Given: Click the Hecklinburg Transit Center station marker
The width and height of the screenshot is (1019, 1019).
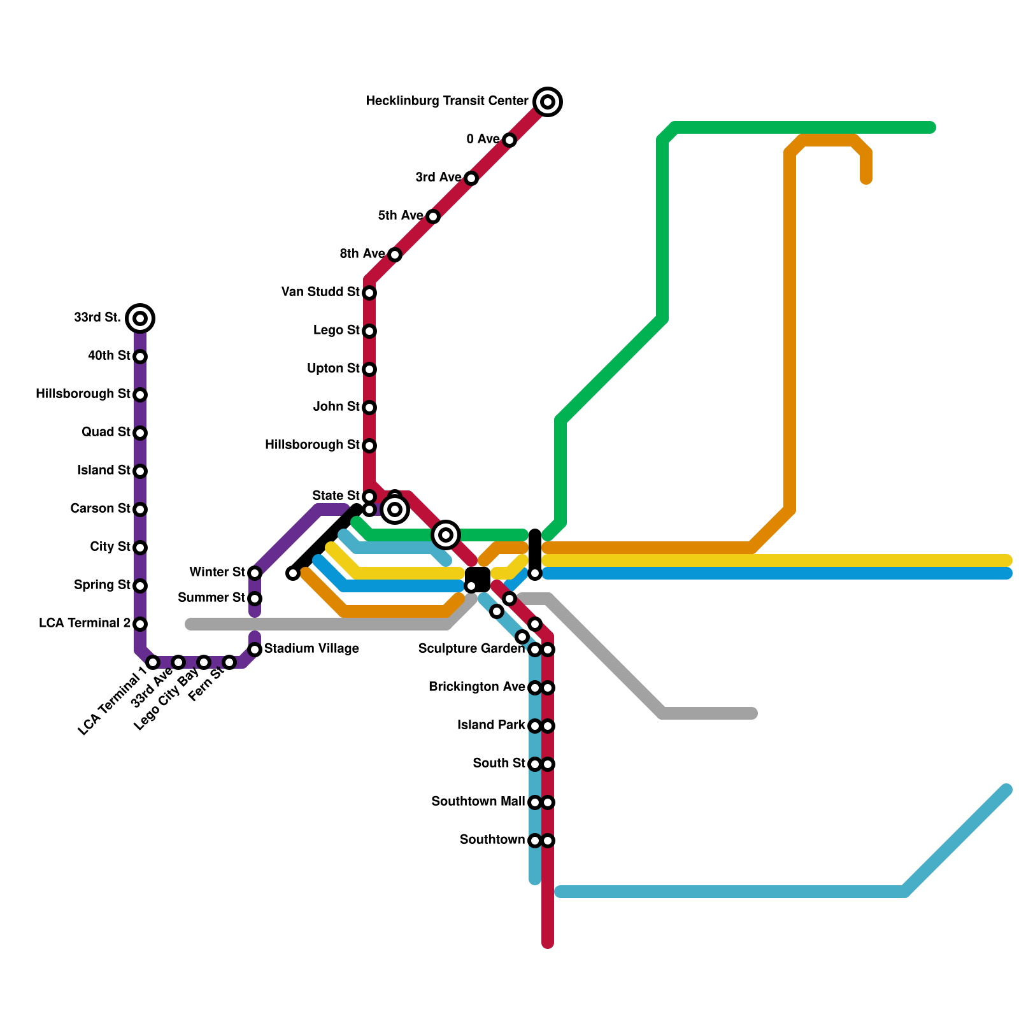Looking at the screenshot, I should [548, 102].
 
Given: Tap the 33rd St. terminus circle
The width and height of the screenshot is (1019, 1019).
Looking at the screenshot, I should [140, 318].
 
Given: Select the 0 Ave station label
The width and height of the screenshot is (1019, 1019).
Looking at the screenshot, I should [483, 139].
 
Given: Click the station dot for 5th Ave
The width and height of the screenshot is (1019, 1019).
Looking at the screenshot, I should [433, 217].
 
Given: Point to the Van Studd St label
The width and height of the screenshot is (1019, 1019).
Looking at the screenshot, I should [320, 292].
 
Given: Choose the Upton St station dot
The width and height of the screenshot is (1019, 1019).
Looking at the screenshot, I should [369, 369].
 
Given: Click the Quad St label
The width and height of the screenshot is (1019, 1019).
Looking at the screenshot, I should [106, 432].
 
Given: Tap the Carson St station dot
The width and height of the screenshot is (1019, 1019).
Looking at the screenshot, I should [140, 509].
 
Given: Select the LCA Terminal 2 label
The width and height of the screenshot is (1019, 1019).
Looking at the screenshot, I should [85, 623].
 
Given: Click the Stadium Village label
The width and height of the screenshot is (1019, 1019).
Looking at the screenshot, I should [311, 648].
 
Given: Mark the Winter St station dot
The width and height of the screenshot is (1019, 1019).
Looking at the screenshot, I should [255, 573].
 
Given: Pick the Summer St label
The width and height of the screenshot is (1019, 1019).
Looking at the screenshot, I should [211, 597].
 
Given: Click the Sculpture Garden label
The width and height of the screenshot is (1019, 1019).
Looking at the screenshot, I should [471, 648].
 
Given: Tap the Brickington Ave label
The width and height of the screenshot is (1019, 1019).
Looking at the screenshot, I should [476, 687].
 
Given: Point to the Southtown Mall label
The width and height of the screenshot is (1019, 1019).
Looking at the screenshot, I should [478, 801].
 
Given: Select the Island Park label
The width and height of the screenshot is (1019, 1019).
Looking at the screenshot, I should [491, 725].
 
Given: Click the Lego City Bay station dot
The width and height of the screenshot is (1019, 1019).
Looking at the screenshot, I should [204, 662].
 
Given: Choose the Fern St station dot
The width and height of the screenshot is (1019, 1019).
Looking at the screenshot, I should [229, 662].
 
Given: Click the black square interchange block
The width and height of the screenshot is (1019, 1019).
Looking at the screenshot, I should [478, 579].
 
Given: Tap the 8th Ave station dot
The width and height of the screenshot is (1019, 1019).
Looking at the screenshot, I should [395, 255].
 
